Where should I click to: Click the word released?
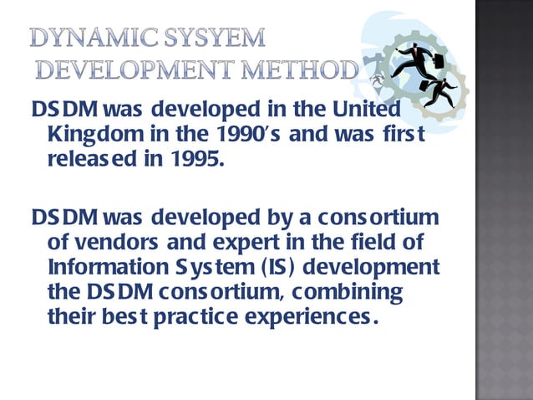point(84,156)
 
